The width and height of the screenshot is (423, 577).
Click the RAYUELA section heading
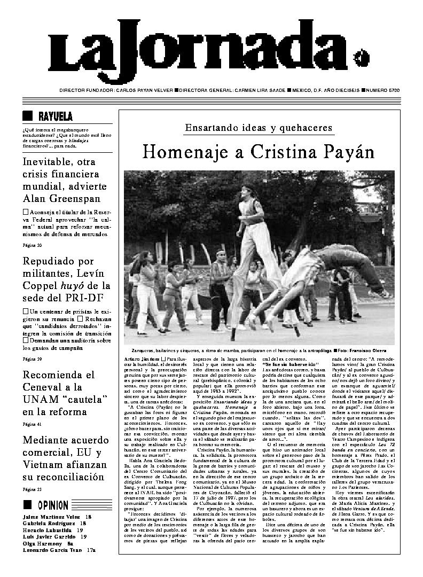click(56, 116)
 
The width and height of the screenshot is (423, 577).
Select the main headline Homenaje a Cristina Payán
click(258, 152)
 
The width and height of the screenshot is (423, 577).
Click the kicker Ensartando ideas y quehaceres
click(258, 128)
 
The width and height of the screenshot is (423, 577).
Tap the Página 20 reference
click(32, 245)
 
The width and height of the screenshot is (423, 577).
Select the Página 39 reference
click(32, 358)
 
